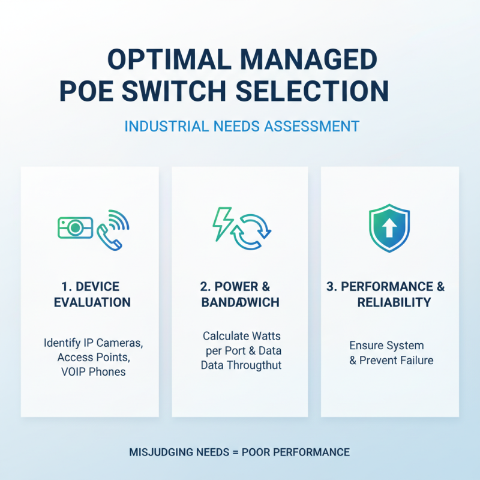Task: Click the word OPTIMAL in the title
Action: tap(157, 61)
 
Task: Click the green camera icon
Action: tap(75, 227)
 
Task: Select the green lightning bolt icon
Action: tap(223, 223)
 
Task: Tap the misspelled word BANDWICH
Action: tap(240, 302)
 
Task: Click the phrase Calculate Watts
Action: tap(241, 336)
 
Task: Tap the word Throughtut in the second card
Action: tap(255, 365)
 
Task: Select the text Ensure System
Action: tap(386, 346)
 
